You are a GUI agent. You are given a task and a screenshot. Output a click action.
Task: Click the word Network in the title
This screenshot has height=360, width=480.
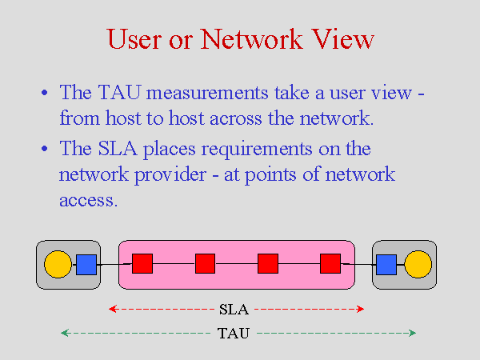point(252,39)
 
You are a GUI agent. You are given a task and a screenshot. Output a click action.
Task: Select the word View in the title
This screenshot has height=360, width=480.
point(343,39)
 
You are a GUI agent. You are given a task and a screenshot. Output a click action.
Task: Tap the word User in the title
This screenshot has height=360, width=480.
point(134,39)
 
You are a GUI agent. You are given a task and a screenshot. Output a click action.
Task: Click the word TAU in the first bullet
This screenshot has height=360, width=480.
point(120,92)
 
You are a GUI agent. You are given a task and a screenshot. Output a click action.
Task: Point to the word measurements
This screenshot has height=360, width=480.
point(207,93)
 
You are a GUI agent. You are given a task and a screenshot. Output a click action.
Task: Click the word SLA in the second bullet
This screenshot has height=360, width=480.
point(118,149)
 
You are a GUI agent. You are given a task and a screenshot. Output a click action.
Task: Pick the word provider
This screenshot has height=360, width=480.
point(170,175)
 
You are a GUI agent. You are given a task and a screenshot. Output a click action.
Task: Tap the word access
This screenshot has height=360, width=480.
point(89,201)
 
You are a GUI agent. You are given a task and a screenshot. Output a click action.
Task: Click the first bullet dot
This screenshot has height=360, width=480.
point(45,93)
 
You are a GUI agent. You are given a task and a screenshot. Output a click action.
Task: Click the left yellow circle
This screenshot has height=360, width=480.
point(58,264)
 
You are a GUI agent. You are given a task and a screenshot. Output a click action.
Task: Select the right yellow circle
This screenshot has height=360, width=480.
point(418,264)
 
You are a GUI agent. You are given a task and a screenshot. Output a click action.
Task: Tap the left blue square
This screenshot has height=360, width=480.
point(86,265)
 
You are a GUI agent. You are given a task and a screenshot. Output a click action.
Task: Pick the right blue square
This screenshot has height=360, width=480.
point(386,265)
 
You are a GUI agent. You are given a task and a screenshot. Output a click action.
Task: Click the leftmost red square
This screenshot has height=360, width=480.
point(142,263)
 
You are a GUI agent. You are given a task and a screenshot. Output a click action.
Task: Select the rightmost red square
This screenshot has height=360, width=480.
point(330,263)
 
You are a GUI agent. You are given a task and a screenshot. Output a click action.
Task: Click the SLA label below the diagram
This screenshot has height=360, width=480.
point(234,310)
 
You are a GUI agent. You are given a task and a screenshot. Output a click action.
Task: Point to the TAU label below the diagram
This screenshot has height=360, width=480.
point(234,333)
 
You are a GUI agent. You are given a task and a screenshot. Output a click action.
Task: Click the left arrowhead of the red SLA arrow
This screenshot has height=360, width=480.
point(112,309)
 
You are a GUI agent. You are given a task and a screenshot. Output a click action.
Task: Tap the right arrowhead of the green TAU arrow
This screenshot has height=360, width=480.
point(413,333)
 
